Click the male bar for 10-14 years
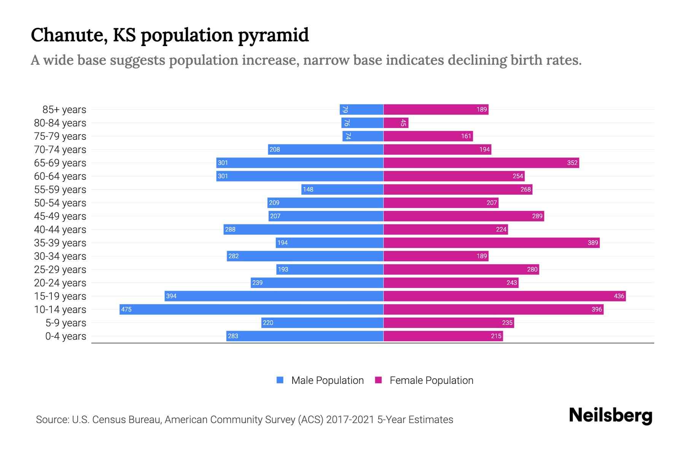click(x=251, y=309)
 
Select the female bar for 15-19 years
click(x=504, y=296)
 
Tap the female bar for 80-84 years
click(x=396, y=123)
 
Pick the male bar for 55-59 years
click(x=342, y=189)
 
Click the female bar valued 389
click(x=491, y=243)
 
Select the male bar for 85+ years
click(x=362, y=109)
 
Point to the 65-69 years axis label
click(x=60, y=163)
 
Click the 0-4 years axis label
click(x=65, y=336)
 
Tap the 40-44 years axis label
click(x=60, y=230)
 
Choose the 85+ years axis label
click(x=64, y=110)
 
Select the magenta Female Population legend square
click(x=378, y=380)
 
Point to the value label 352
click(x=572, y=163)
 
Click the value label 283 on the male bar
click(x=233, y=336)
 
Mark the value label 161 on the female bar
click(x=466, y=136)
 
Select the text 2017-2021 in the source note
click(x=350, y=420)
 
